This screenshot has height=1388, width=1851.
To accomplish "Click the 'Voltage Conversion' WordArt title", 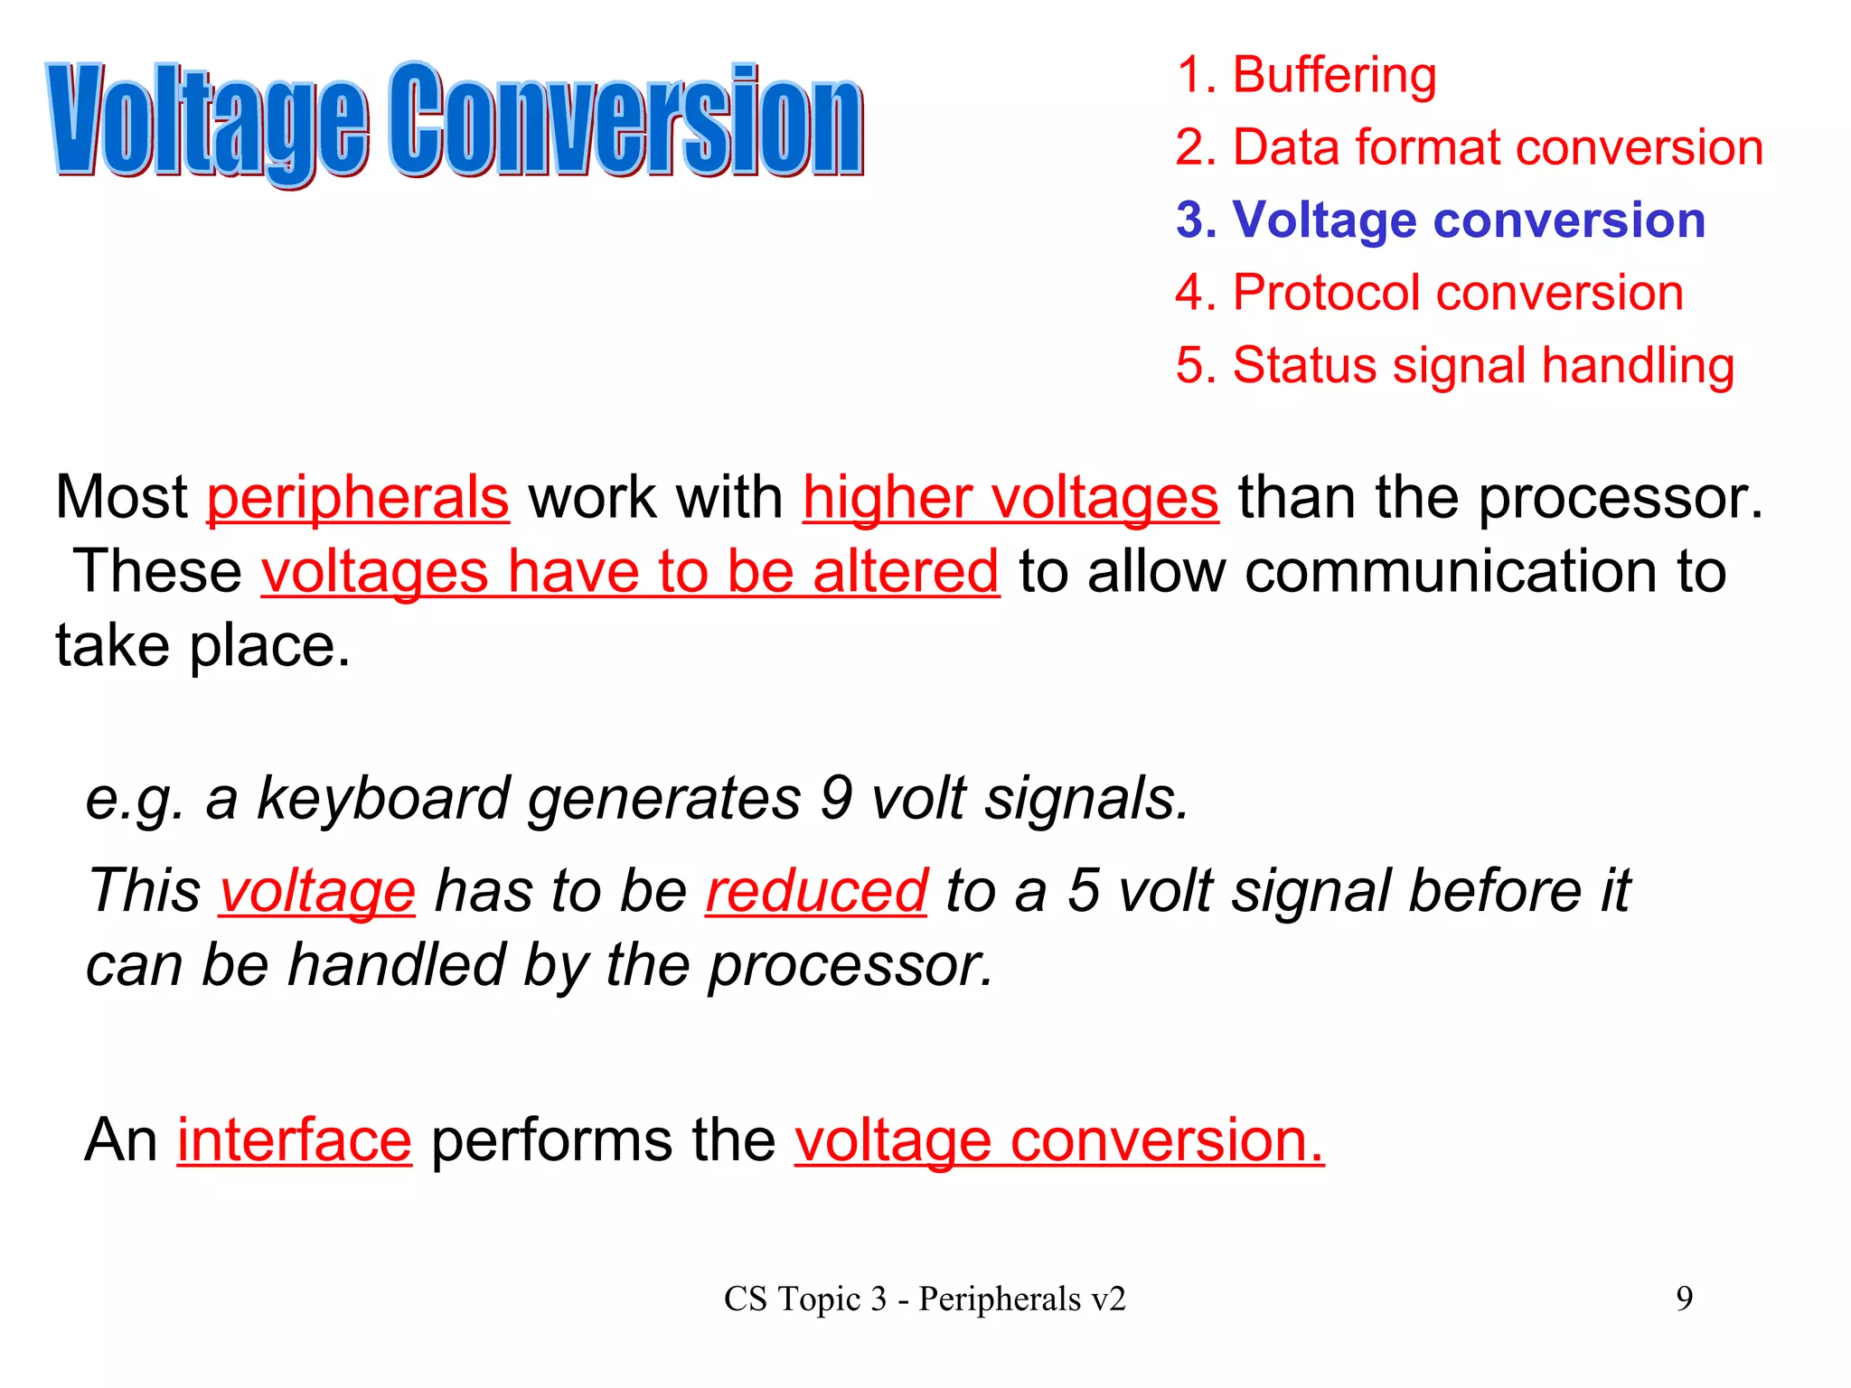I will point(456,119).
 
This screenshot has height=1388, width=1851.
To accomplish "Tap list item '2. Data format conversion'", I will point(1469,147).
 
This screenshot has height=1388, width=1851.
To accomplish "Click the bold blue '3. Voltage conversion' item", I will point(1440,220).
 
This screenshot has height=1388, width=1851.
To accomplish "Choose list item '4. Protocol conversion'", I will point(1429,293).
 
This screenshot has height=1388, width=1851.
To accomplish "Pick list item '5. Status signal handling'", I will point(1454,365).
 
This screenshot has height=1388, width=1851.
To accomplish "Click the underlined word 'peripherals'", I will point(358,498).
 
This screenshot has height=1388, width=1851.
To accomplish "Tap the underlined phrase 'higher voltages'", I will point(1010,498).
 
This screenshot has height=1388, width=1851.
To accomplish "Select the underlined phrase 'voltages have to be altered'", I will point(630,572).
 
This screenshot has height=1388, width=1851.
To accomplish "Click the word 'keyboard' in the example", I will point(384,799).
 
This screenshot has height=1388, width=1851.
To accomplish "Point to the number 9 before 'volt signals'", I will point(837,799).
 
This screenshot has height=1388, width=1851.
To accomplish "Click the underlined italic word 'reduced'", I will point(816,891).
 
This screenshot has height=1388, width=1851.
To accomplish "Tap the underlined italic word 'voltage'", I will point(317,891).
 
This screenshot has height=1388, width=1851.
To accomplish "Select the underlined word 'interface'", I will point(295,1140).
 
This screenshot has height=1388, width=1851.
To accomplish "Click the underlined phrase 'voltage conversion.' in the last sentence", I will point(1059,1140).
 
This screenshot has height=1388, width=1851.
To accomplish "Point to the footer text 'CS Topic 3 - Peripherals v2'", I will point(925,1299).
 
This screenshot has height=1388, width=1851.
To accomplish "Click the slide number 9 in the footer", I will point(1684,1299).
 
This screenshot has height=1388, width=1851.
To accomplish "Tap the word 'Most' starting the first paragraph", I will point(121,498).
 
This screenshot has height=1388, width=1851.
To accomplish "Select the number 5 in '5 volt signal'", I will point(1085,891).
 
